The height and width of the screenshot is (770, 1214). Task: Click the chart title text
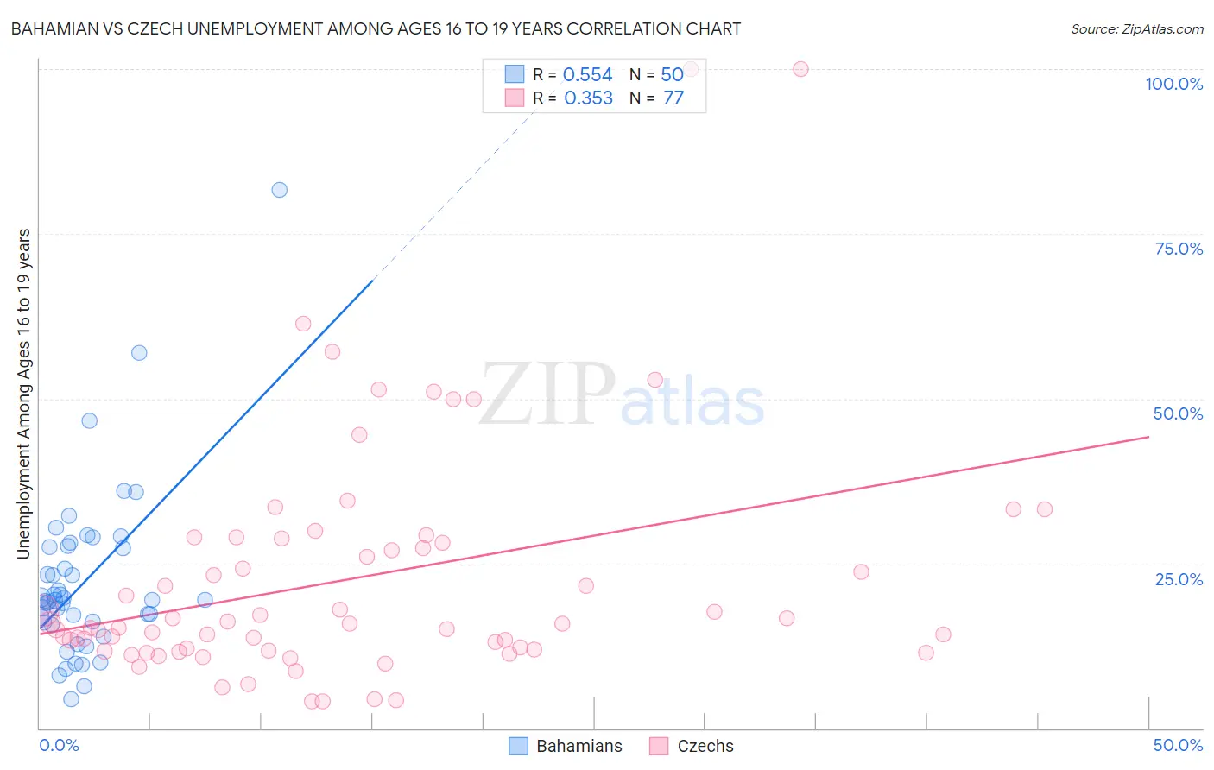point(376,28)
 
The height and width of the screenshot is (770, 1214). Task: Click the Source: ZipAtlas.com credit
point(1136,28)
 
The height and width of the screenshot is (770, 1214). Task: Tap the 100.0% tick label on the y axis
point(1173,84)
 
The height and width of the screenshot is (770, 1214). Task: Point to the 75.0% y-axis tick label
point(1179,249)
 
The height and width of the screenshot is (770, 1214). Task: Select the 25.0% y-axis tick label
point(1179,579)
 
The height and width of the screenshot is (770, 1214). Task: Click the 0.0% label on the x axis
point(59,745)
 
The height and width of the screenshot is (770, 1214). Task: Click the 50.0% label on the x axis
point(1178,745)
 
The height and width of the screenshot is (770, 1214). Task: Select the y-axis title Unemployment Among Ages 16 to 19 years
point(24,394)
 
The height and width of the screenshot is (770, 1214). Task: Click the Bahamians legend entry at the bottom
point(566,746)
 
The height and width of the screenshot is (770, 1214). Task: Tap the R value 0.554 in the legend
point(587,75)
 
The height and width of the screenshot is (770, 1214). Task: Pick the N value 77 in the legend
point(673,98)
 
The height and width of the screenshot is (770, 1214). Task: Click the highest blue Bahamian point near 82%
point(279,190)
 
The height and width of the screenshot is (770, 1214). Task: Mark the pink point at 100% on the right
point(800,69)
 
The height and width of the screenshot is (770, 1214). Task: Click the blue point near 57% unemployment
point(139,353)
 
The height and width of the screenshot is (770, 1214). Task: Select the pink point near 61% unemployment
point(303,324)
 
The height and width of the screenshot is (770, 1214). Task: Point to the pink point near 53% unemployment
point(655,380)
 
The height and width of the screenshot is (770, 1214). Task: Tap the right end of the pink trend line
point(1148,437)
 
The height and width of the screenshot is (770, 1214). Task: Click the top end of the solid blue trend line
point(372,281)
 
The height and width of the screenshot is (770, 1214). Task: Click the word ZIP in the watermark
point(547,394)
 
